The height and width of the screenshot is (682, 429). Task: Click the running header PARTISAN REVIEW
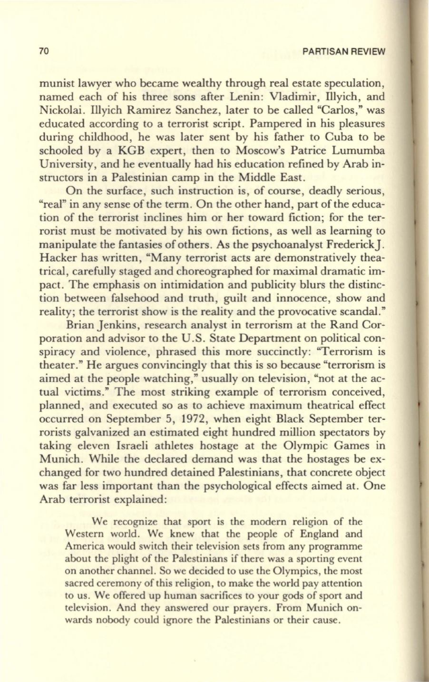coord(343,51)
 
